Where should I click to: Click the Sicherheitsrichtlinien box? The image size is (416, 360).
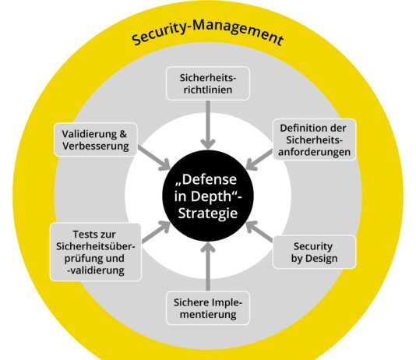208,83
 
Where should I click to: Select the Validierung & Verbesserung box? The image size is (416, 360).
96,139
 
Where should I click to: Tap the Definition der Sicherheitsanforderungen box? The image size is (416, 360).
314,139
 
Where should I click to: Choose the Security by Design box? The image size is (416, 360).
314,252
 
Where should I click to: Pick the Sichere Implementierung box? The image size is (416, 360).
208,308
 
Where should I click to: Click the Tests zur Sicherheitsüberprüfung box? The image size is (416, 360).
96,252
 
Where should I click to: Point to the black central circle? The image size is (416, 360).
208,196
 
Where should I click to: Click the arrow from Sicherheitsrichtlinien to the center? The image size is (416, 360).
208,125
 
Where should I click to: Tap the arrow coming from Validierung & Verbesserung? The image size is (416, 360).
154,158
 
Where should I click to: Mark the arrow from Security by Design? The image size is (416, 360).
259,231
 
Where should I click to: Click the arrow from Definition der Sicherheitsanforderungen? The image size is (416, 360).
259,160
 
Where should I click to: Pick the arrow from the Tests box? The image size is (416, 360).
156,231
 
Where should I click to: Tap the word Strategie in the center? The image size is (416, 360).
208,213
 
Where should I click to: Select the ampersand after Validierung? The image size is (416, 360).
123,134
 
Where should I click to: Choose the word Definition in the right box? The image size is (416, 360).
299,128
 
